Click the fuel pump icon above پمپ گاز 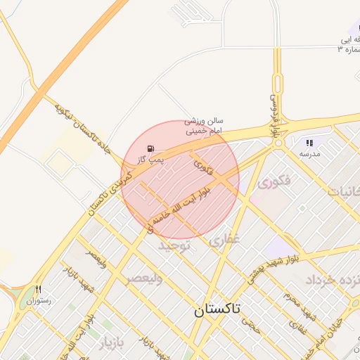(152, 148)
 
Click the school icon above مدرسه (309, 143)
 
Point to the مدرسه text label (309, 153)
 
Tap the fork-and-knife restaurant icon (39, 289)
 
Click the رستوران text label (39, 301)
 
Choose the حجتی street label (250, 323)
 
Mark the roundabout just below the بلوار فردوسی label (278, 142)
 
